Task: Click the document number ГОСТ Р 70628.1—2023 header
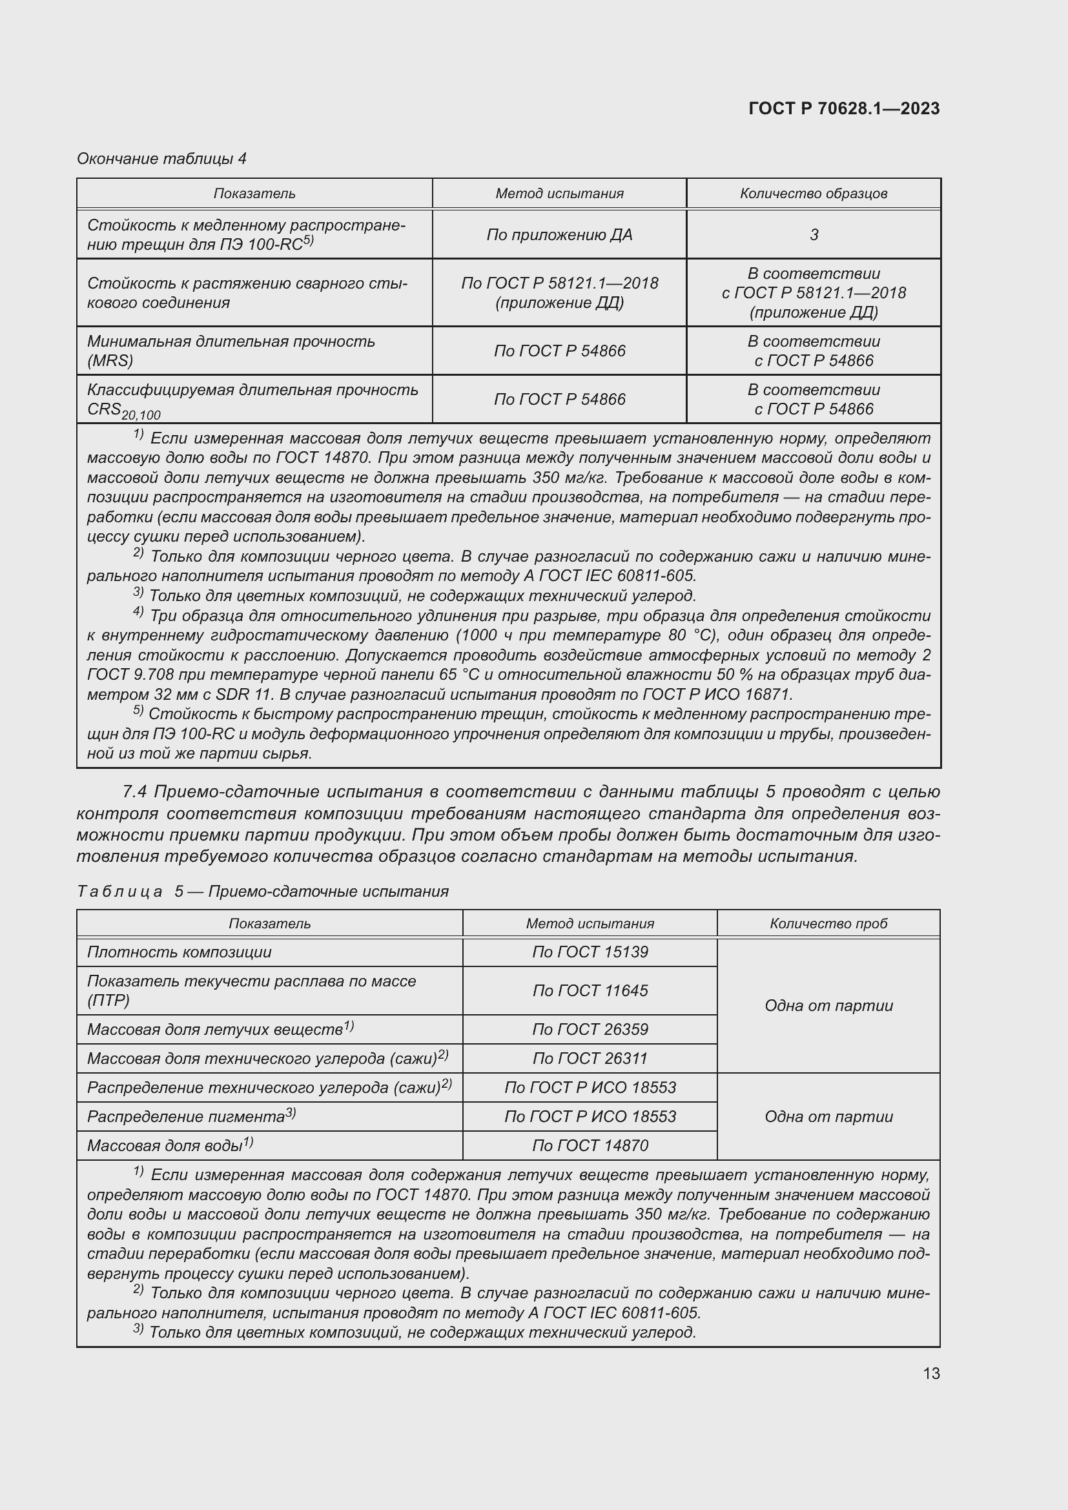844,108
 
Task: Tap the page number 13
931,1373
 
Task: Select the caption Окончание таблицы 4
161,159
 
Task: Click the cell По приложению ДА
559,235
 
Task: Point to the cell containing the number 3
814,235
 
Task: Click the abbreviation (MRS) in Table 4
110,360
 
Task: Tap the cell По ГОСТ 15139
590,952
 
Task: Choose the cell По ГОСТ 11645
590,990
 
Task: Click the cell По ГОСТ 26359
590,1029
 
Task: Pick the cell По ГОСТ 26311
590,1058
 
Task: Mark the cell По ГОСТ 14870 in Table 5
590,1146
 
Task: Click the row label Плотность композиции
179,952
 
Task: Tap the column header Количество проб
828,923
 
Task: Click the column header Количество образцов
814,194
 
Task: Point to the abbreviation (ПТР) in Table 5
108,1000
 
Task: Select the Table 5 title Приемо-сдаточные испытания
328,891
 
